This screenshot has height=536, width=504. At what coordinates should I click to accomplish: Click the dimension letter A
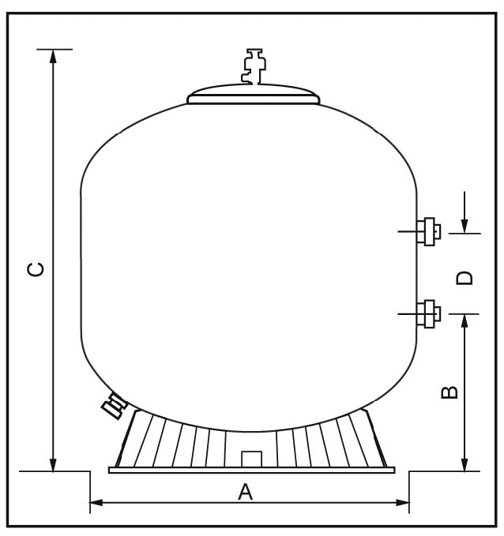point(246,492)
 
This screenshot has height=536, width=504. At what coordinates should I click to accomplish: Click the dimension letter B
point(449,392)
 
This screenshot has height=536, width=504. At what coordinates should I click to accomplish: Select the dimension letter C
point(36,269)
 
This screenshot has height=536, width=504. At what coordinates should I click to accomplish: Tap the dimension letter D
point(465,278)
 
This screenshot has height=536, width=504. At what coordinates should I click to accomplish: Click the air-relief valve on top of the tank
point(254,66)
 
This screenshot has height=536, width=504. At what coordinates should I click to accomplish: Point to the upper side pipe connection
point(428,231)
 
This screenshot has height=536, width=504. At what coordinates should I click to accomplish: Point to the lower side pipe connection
point(428,314)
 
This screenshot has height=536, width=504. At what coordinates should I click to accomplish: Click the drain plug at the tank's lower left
point(115,405)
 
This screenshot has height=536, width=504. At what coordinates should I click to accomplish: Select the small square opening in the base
point(251,459)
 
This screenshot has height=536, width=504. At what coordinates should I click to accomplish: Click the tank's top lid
point(254,95)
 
